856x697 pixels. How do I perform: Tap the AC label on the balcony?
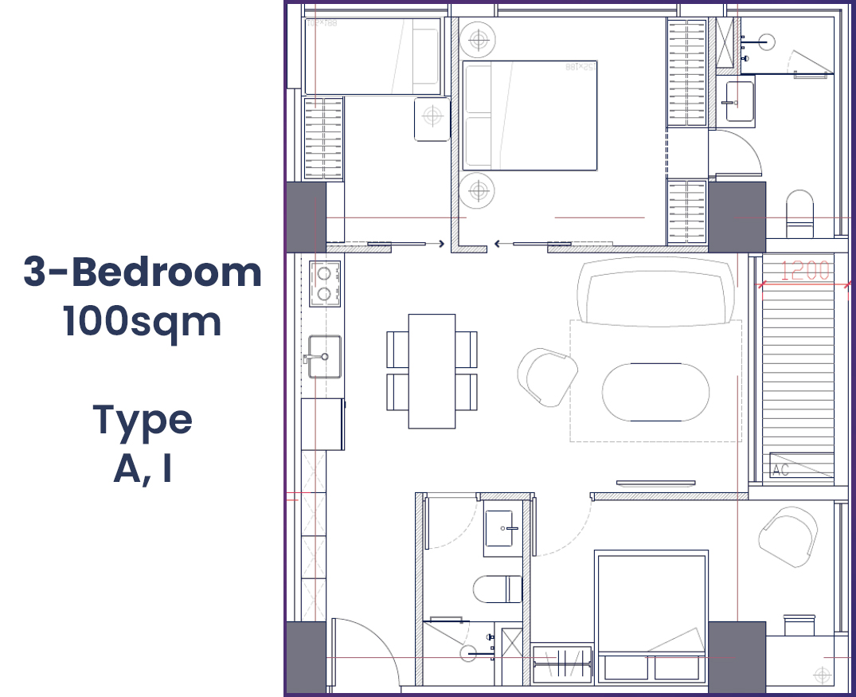click(781, 469)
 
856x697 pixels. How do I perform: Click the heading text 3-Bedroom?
click(143, 273)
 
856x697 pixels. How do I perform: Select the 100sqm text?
click(143, 321)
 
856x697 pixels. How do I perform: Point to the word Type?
click(143, 420)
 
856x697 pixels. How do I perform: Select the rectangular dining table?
click(432, 370)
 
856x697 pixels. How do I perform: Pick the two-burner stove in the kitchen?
click(324, 284)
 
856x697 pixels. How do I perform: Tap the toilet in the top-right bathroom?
click(800, 213)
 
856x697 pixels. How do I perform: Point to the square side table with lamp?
click(432, 119)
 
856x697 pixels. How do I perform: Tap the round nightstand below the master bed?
click(478, 191)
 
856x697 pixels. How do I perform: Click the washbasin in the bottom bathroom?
click(499, 528)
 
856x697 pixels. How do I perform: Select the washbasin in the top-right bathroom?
click(740, 101)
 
